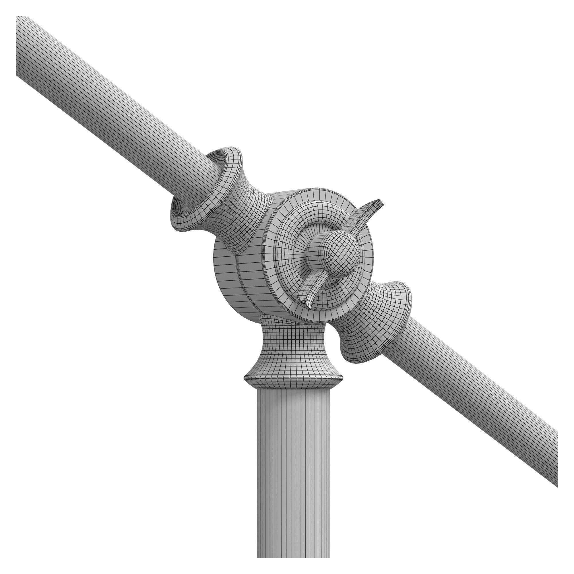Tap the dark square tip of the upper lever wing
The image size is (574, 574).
click(379, 204)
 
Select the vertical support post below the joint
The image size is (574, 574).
click(293, 475)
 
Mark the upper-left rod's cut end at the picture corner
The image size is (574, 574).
click(18, 44)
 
